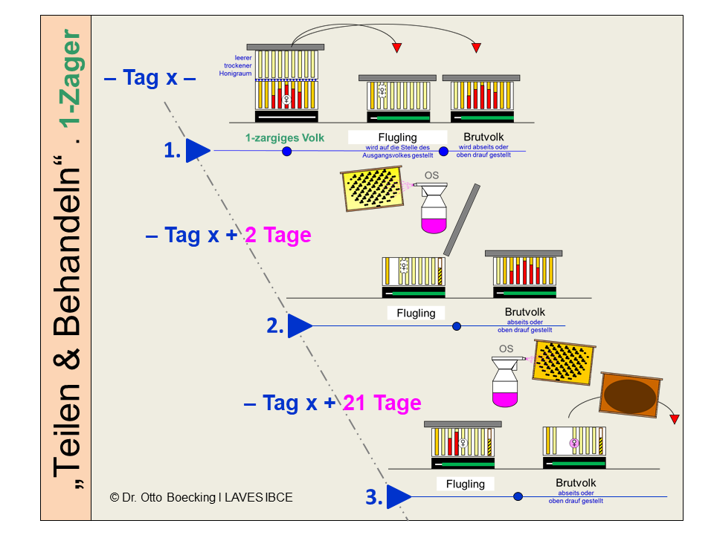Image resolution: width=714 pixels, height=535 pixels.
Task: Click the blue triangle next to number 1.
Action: pos(197,151)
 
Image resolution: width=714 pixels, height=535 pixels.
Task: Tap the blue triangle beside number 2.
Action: pos(299,325)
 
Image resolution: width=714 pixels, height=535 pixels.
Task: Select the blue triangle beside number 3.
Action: pos(399,496)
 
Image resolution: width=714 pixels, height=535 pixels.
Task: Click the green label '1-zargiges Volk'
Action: pos(285,137)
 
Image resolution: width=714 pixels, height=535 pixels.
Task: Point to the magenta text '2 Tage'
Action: pos(277,236)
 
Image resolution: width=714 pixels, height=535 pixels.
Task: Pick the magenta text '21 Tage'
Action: pos(382,403)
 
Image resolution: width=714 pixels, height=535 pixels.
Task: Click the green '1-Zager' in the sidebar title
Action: pos(71,77)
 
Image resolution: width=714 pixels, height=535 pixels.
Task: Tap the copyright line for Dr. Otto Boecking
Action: pos(201,498)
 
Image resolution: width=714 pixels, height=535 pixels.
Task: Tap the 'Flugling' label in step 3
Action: pos(465,484)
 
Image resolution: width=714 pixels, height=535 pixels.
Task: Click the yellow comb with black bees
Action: pos(372,189)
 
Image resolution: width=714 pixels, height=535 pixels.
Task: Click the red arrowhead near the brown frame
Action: pos(674,420)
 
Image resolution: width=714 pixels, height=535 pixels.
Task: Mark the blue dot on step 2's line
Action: pos(457,325)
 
